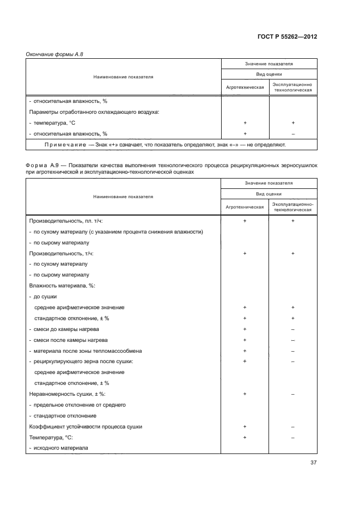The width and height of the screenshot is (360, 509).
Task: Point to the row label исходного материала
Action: tap(60, 448)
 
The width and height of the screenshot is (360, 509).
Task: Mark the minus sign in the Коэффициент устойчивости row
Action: tap(293, 426)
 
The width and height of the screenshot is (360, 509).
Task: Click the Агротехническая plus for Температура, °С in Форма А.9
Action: tap(245, 437)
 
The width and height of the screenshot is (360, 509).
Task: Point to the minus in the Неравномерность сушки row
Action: tap(293, 394)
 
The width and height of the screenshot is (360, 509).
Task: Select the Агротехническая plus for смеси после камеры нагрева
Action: tap(245, 340)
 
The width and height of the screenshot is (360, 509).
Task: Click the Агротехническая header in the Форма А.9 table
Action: tap(245, 207)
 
